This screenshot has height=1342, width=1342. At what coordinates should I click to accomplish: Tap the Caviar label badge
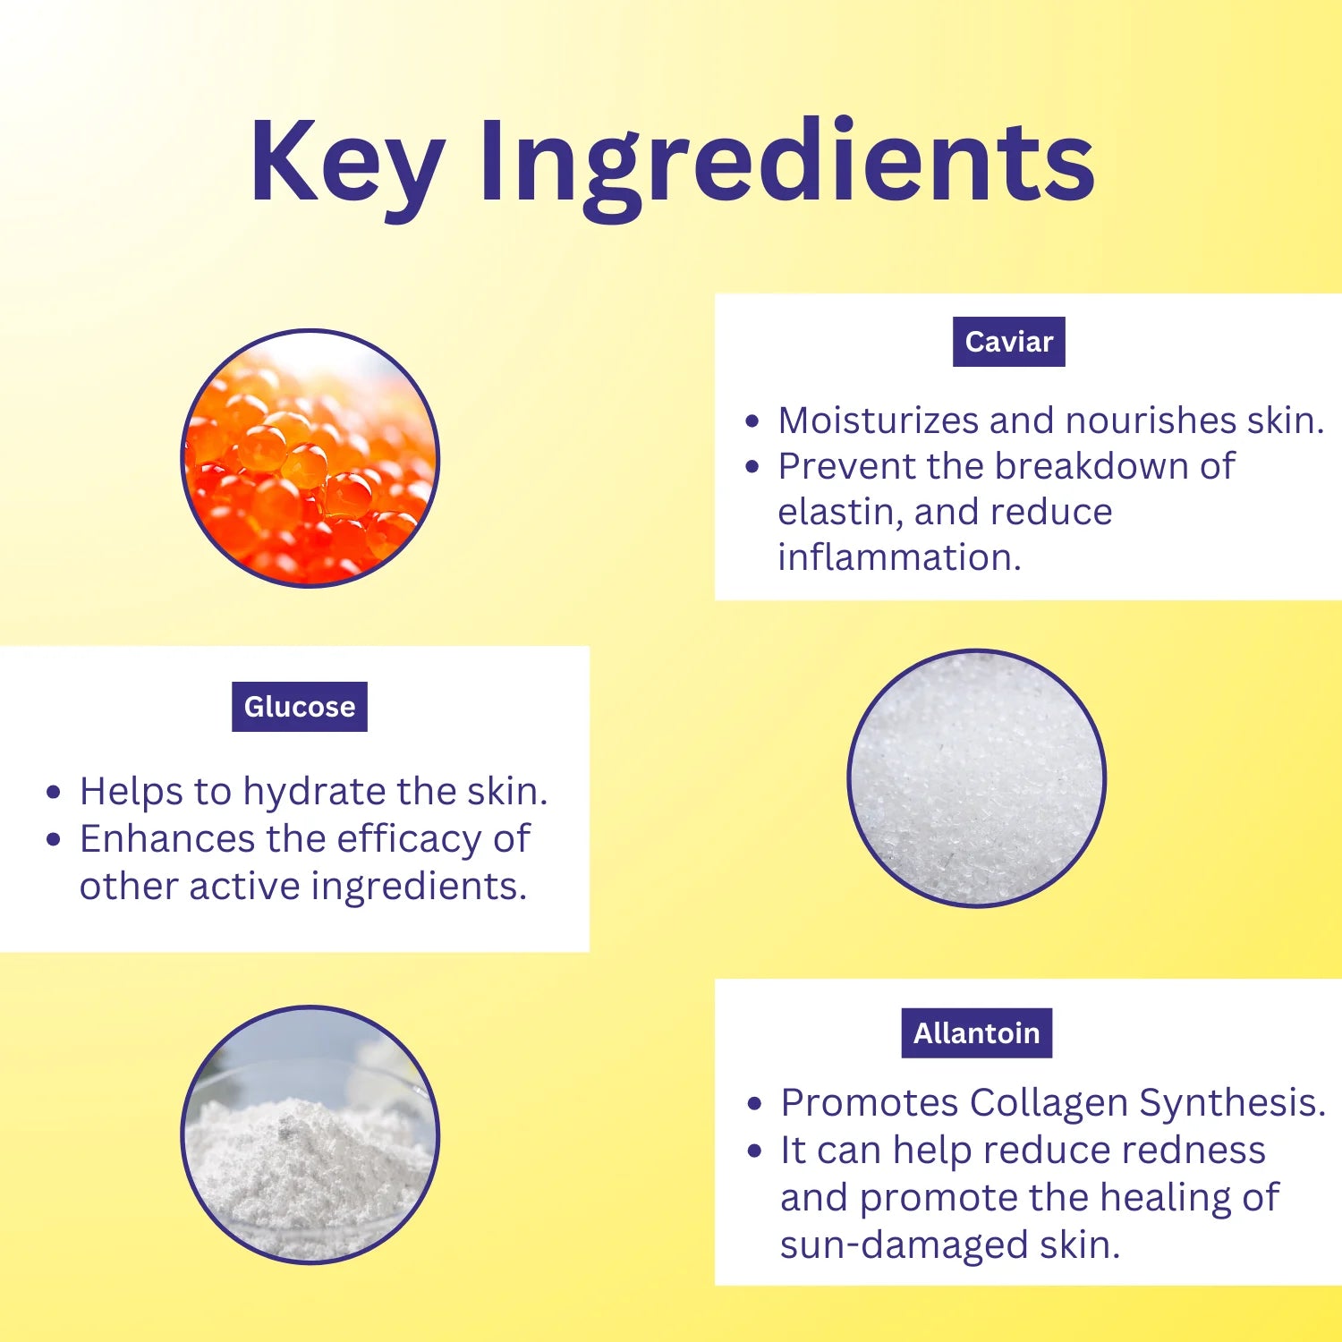1008,342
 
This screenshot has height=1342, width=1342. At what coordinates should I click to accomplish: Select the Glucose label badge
299,707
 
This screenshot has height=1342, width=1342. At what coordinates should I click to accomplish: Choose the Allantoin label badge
976,1033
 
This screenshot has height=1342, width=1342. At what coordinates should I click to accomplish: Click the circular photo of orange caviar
310,458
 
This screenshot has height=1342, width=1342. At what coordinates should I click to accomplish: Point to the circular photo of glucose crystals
976,777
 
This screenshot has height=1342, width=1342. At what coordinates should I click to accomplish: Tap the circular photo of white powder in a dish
310,1134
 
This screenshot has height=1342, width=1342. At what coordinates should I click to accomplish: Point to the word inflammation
898,558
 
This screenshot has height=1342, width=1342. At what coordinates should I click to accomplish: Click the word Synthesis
1231,1103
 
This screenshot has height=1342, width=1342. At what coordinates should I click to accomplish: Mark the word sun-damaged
903,1245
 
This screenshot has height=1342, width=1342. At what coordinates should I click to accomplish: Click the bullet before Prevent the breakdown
752,467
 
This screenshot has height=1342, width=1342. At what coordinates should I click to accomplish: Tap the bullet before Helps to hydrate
54,793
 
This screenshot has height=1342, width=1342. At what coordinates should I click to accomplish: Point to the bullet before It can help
755,1151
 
